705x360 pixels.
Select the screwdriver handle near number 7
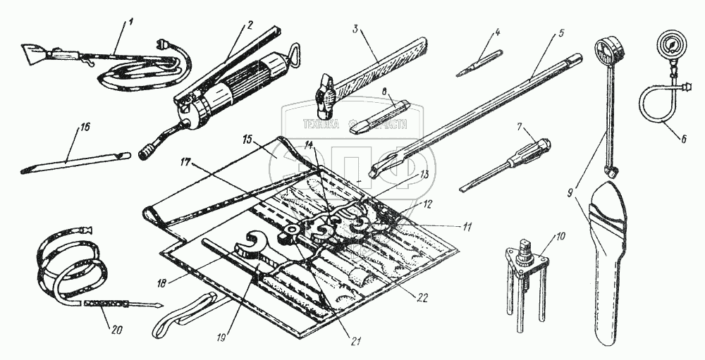(x=534, y=150)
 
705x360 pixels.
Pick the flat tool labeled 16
(x=74, y=161)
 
